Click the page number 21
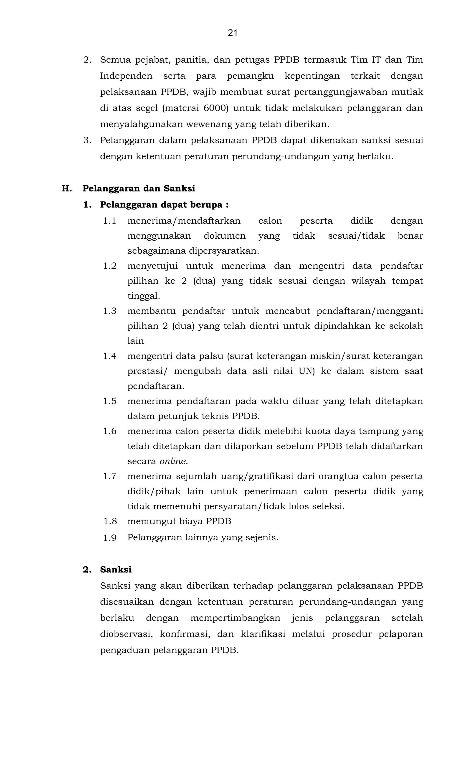click(233, 33)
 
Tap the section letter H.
click(67, 189)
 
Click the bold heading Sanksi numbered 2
click(116, 569)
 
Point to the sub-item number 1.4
click(110, 356)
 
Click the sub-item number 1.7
click(110, 476)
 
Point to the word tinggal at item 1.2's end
click(143, 296)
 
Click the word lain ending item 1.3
click(136, 341)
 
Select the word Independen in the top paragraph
click(126, 76)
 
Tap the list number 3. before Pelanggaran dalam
click(87, 140)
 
